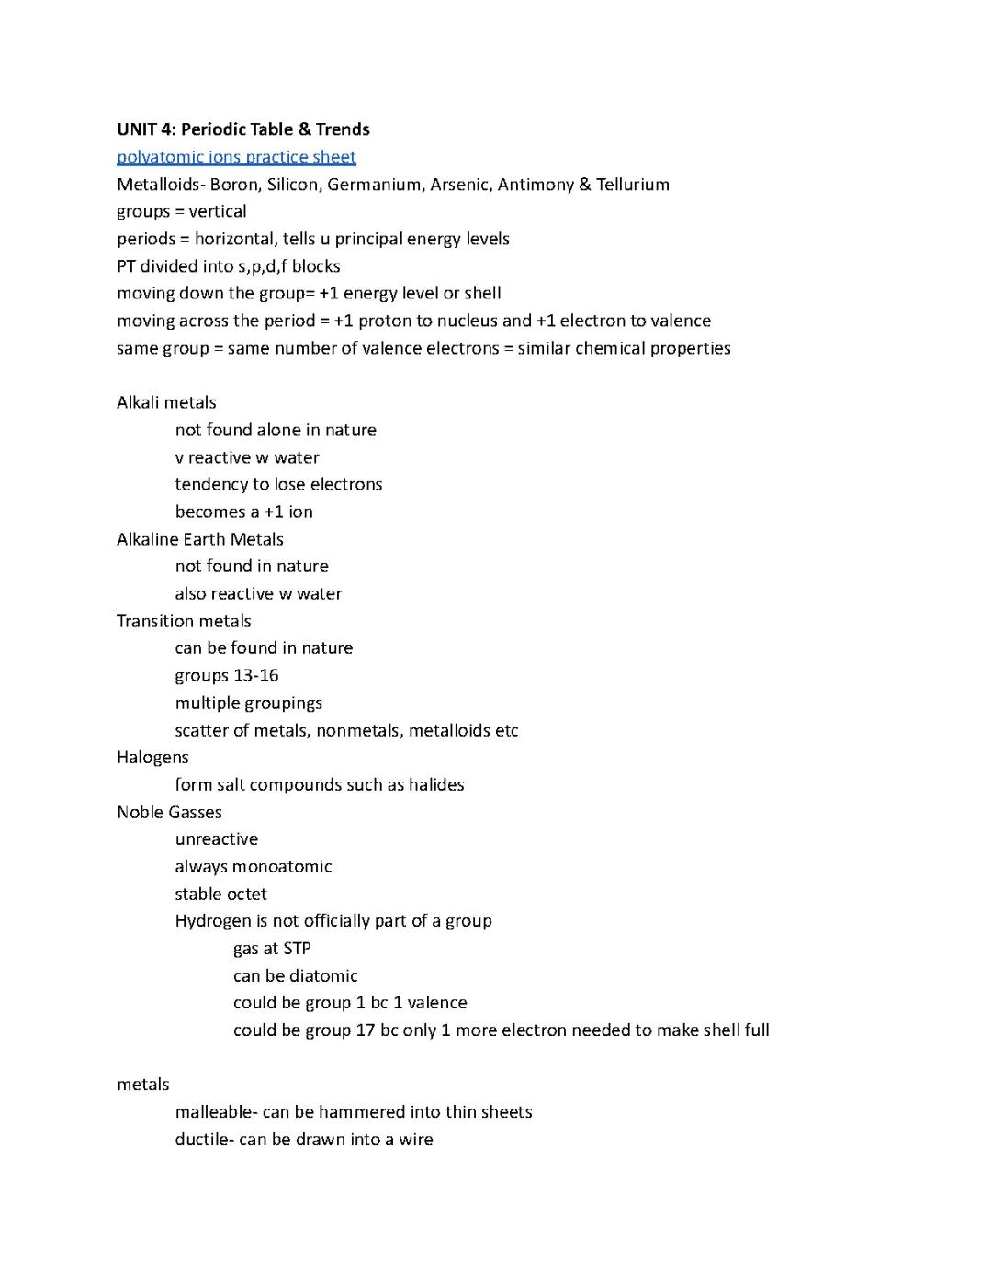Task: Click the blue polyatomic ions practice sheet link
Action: [x=236, y=157]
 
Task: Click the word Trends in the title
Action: [x=343, y=129]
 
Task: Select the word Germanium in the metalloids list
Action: [x=374, y=185]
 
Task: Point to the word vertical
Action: [x=218, y=211]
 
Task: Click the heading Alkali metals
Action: [x=166, y=402]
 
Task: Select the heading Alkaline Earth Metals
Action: [x=199, y=539]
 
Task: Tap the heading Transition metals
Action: [x=184, y=621]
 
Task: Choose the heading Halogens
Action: [x=152, y=757]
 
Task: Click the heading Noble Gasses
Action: [x=169, y=812]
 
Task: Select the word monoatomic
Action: [x=281, y=866]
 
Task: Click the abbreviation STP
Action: [x=297, y=948]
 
